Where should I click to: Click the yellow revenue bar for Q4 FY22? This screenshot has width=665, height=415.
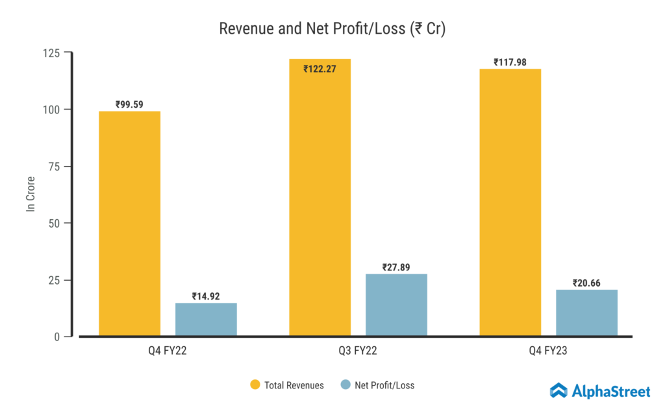tap(129, 224)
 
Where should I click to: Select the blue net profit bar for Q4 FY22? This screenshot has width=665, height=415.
tap(206, 319)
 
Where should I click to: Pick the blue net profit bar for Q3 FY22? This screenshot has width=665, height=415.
tap(396, 305)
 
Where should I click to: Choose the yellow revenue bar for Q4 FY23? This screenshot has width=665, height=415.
tap(510, 202)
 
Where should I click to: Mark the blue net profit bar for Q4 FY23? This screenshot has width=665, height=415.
tap(586, 313)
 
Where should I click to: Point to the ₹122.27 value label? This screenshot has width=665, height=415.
tap(320, 69)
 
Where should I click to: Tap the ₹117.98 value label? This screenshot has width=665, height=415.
tap(510, 62)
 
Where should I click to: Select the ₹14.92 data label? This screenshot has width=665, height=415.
tap(206, 296)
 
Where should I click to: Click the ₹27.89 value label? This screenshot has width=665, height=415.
tap(396, 267)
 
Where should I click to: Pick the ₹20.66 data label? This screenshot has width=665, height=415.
tap(586, 283)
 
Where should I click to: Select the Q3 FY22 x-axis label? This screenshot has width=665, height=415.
tap(358, 351)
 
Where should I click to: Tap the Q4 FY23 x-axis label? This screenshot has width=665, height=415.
tap(548, 351)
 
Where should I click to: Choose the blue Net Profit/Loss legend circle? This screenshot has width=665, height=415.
tap(345, 385)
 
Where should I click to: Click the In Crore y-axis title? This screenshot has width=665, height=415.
tap(30, 194)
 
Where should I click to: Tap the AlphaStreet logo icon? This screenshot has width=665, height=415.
tap(558, 390)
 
